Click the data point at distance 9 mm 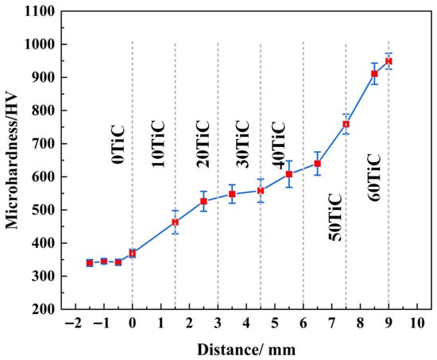[389, 61]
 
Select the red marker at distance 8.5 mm [374, 74]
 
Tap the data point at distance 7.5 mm [346, 124]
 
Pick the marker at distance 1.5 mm [175, 223]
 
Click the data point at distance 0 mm [133, 254]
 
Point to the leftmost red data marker [90, 263]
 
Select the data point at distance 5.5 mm [289, 174]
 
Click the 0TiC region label [118, 145]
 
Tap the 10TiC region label [158, 144]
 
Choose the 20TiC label [203, 144]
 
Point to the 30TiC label [242, 144]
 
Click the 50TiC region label [335, 217]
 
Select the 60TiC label [373, 177]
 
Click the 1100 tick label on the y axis [40, 12]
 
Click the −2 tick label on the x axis [73, 323]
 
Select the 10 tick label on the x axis [417, 323]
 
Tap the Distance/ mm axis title [246, 350]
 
